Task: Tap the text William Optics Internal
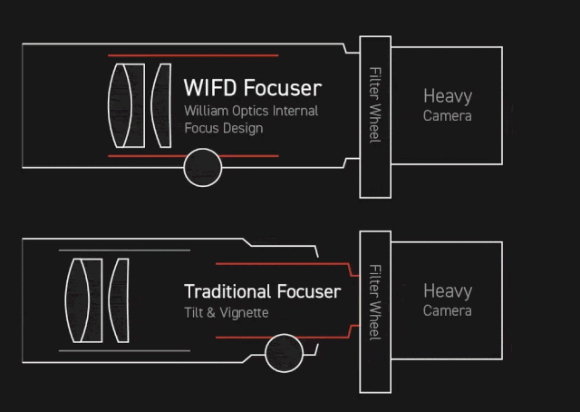(x=251, y=111)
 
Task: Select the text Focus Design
(x=223, y=128)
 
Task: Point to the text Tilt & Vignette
(x=226, y=312)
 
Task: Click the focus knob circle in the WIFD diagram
(x=202, y=168)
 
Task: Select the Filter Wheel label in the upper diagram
(x=374, y=103)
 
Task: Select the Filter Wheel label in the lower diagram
(x=374, y=303)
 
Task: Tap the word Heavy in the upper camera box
(x=448, y=96)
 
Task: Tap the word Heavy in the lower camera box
(x=448, y=291)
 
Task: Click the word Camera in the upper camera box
(x=448, y=115)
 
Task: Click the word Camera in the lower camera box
(x=448, y=310)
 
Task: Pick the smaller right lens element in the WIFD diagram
(x=160, y=105)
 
